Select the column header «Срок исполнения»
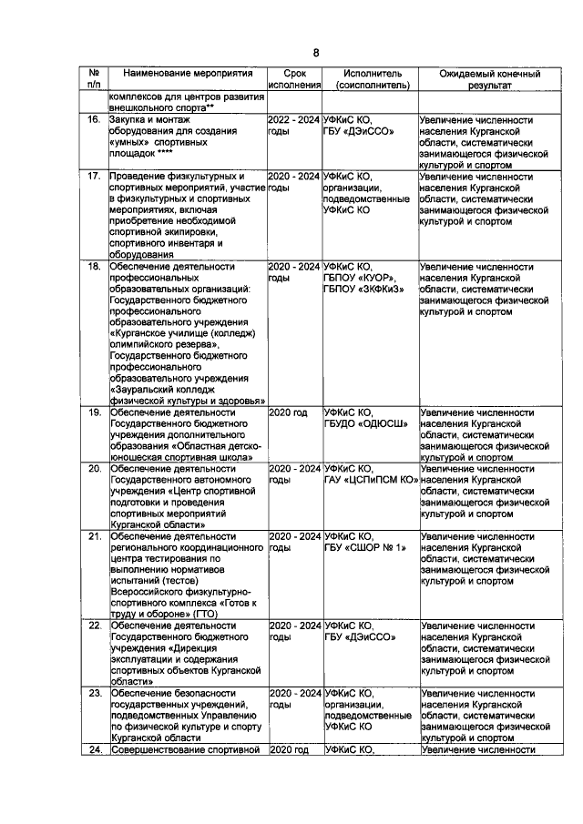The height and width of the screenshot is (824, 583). (x=295, y=79)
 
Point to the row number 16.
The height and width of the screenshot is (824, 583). (x=94, y=120)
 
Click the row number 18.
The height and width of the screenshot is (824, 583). (x=94, y=267)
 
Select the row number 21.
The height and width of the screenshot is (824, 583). (x=94, y=536)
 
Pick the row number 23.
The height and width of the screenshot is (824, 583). (x=94, y=694)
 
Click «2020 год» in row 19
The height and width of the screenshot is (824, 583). (x=288, y=412)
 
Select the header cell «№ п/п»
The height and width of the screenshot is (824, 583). (x=94, y=79)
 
